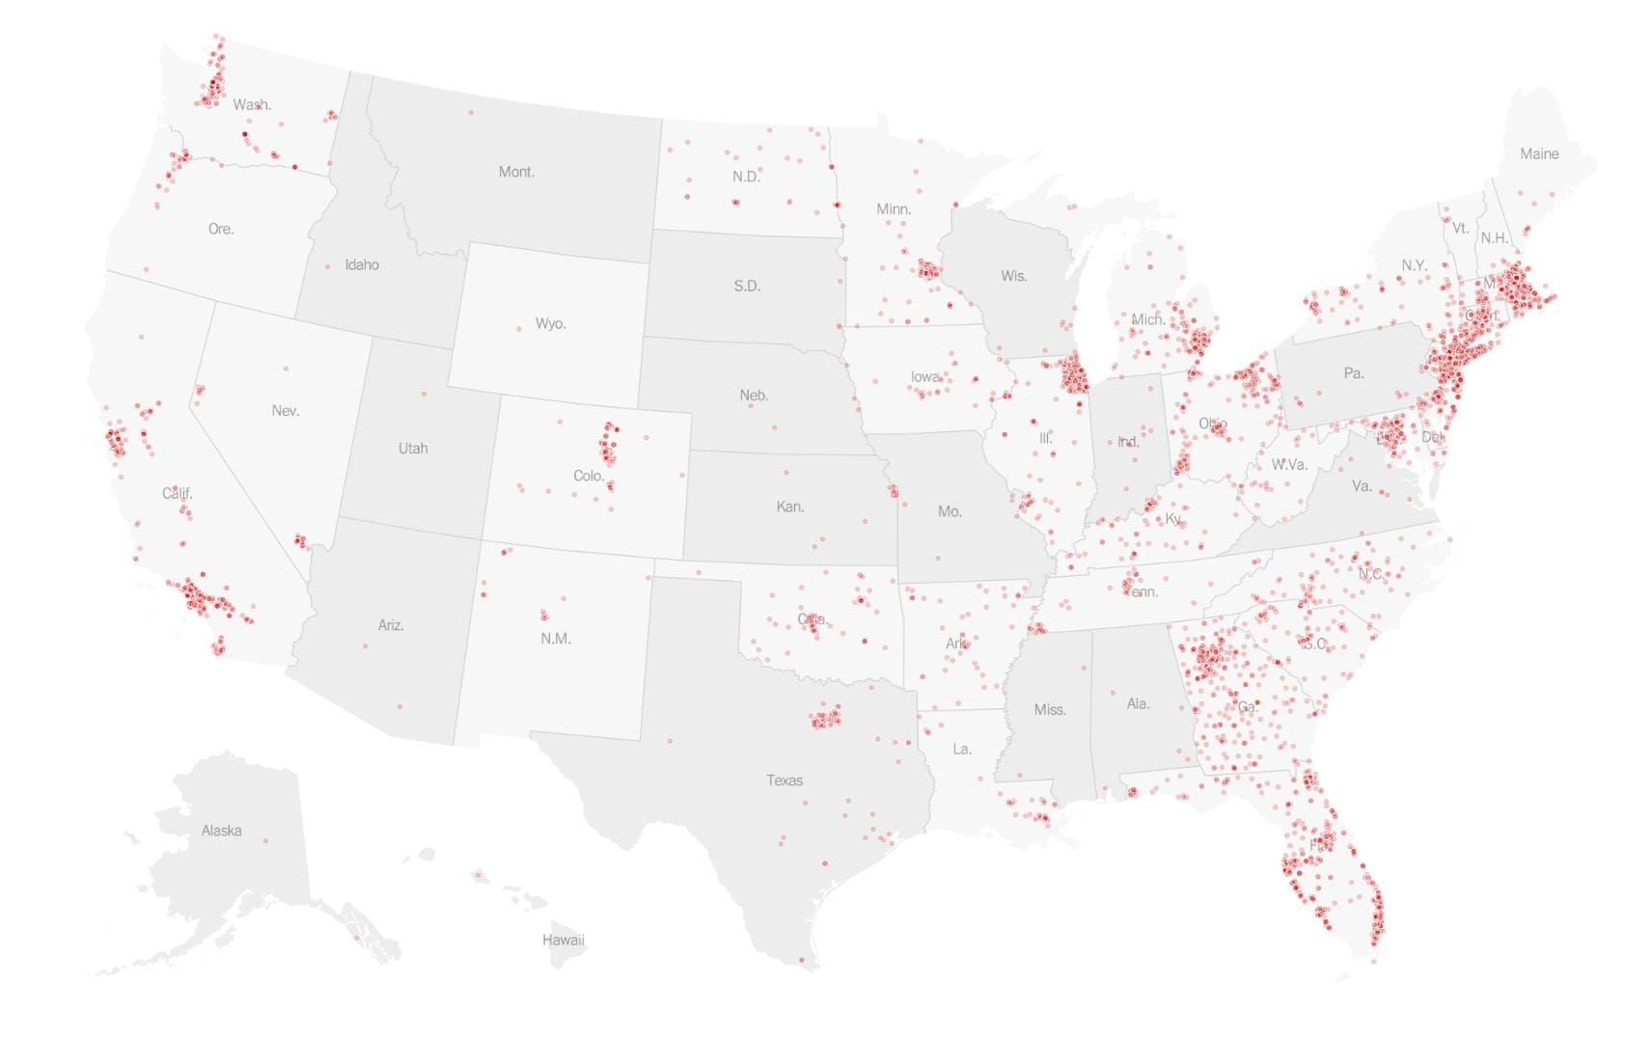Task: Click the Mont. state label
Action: (516, 172)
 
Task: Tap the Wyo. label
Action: (550, 323)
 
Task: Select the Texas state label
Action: (785, 780)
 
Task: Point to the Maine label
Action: (1538, 153)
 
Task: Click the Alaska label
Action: (221, 830)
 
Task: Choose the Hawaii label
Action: (563, 939)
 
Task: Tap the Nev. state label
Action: (285, 410)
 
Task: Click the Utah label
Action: (413, 448)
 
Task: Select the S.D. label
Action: (747, 286)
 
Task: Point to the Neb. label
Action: (754, 395)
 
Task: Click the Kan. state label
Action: (789, 507)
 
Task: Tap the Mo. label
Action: (950, 511)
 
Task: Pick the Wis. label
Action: (1013, 276)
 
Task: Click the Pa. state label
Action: (1353, 372)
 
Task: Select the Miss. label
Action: (1050, 709)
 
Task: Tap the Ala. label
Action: (1138, 703)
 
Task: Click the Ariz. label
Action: (391, 625)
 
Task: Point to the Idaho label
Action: (362, 264)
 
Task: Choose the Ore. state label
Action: (221, 229)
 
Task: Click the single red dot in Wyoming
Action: (518, 329)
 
